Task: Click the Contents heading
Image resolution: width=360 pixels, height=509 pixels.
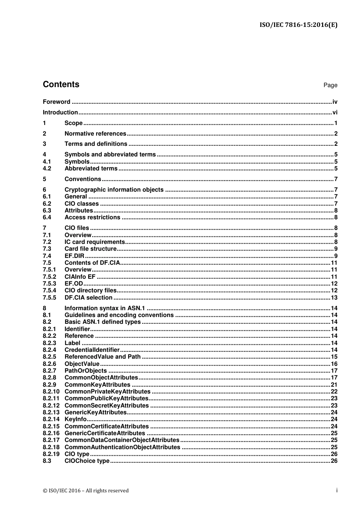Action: pyautogui.click(x=61, y=84)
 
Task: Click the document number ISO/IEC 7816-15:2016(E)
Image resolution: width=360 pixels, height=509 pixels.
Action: pyautogui.click(x=298, y=25)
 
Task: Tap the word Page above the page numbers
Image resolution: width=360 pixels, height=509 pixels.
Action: pyautogui.click(x=330, y=85)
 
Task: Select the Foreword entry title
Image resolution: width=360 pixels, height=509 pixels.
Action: pyautogui.click(x=56, y=102)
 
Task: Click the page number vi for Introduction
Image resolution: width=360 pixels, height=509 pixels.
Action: pyautogui.click(x=335, y=112)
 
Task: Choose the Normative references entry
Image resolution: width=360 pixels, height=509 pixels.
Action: pyautogui.click(x=95, y=134)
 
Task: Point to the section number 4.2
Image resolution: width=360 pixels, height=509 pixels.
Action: pyautogui.click(x=47, y=169)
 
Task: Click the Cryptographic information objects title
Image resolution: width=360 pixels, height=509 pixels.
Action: pyautogui.click(x=114, y=190)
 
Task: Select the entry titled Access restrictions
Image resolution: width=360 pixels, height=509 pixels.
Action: pyautogui.click(x=92, y=217)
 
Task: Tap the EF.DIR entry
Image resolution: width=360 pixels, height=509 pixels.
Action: pyautogui.click(x=74, y=256)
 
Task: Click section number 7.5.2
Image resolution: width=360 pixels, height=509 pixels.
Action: pyautogui.click(x=49, y=277)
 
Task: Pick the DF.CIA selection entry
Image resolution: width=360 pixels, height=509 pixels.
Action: pyautogui.click(x=88, y=298)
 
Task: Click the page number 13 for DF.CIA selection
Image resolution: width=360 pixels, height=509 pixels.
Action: pyautogui.click(x=334, y=298)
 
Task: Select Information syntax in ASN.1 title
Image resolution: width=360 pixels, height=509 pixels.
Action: pyautogui.click(x=105, y=308)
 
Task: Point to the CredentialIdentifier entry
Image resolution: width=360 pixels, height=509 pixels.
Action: pyautogui.click(x=92, y=350)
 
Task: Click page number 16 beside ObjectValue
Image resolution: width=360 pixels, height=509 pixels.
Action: pyautogui.click(x=334, y=364)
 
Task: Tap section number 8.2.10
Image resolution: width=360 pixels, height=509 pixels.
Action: pyautogui.click(x=51, y=392)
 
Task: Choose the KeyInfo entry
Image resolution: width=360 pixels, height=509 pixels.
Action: pyautogui.click(x=75, y=419)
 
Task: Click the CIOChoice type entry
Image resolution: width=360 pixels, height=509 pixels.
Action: pyautogui.click(x=87, y=461)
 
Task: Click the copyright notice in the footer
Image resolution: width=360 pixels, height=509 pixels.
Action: pyautogui.click(x=86, y=490)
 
